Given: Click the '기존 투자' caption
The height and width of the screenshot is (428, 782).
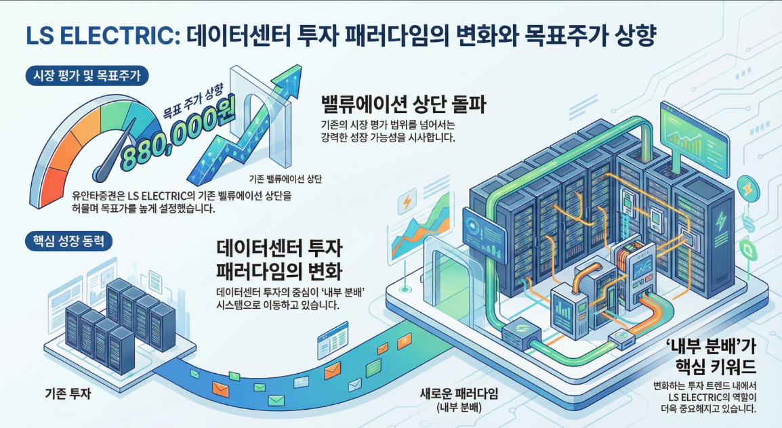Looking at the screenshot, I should click(67, 393).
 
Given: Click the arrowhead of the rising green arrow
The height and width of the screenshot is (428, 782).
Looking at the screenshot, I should click(288, 72).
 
